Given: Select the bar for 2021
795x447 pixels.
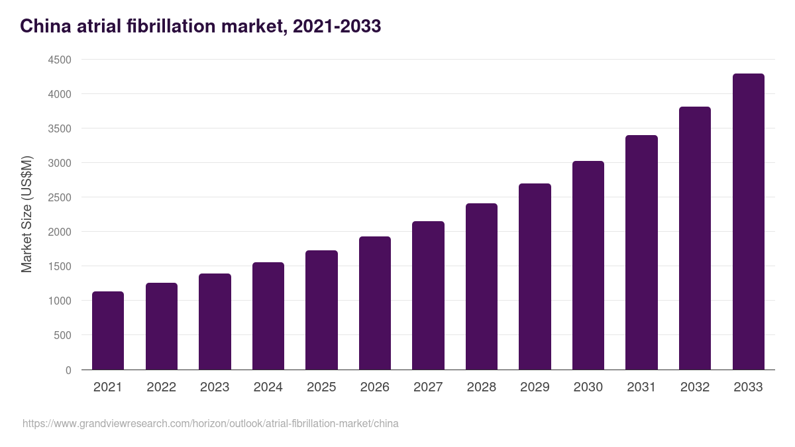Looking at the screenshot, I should pos(108,330).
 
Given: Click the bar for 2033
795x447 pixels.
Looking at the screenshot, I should pos(748,222).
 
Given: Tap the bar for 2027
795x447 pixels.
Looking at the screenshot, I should pos(428,295).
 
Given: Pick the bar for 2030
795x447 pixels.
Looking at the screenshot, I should pos(588,265).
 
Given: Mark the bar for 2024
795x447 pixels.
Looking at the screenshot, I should pos(268,316).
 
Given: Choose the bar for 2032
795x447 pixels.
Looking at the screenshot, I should pos(695,238).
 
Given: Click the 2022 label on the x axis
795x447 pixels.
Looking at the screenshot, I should pos(161,387).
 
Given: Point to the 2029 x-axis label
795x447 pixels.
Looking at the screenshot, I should pos(535,387).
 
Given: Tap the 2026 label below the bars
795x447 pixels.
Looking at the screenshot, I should pos(374,387).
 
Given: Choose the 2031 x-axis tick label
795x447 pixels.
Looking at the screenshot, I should pos(641,387).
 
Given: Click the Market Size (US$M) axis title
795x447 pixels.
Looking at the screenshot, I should pos(26,215).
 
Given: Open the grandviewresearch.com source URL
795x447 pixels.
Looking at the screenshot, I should pos(211,423).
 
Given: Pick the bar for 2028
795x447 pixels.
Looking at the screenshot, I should pos(482,286).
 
